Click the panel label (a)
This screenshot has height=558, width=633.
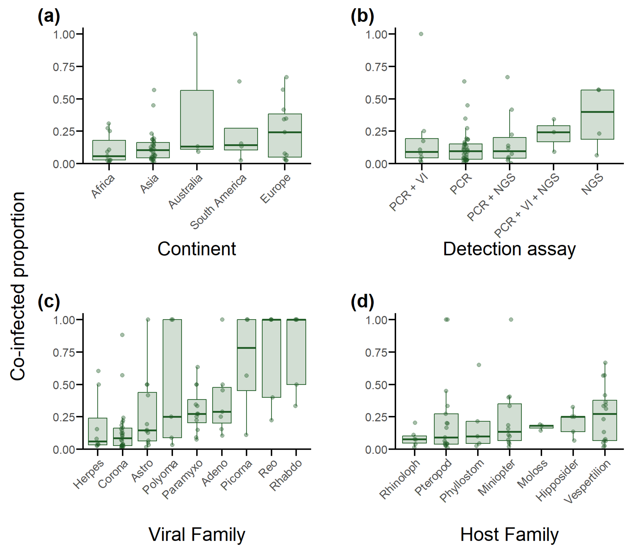(x=49, y=16)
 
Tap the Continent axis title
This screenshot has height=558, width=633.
(x=197, y=249)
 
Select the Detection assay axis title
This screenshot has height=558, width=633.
(x=509, y=249)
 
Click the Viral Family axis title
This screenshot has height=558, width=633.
(x=197, y=535)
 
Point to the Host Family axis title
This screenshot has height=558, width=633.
(x=509, y=535)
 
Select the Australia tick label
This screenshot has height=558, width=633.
(x=185, y=191)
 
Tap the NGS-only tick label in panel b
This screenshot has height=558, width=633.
(x=592, y=184)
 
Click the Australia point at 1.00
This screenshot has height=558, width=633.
(x=195, y=34)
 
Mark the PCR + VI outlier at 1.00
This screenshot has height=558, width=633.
(x=421, y=34)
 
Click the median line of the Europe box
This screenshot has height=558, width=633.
(x=285, y=132)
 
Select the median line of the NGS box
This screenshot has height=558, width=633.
(x=597, y=112)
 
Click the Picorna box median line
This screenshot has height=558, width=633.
(x=247, y=348)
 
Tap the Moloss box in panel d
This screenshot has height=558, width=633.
(x=541, y=427)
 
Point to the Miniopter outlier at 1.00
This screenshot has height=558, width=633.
(x=511, y=319)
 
